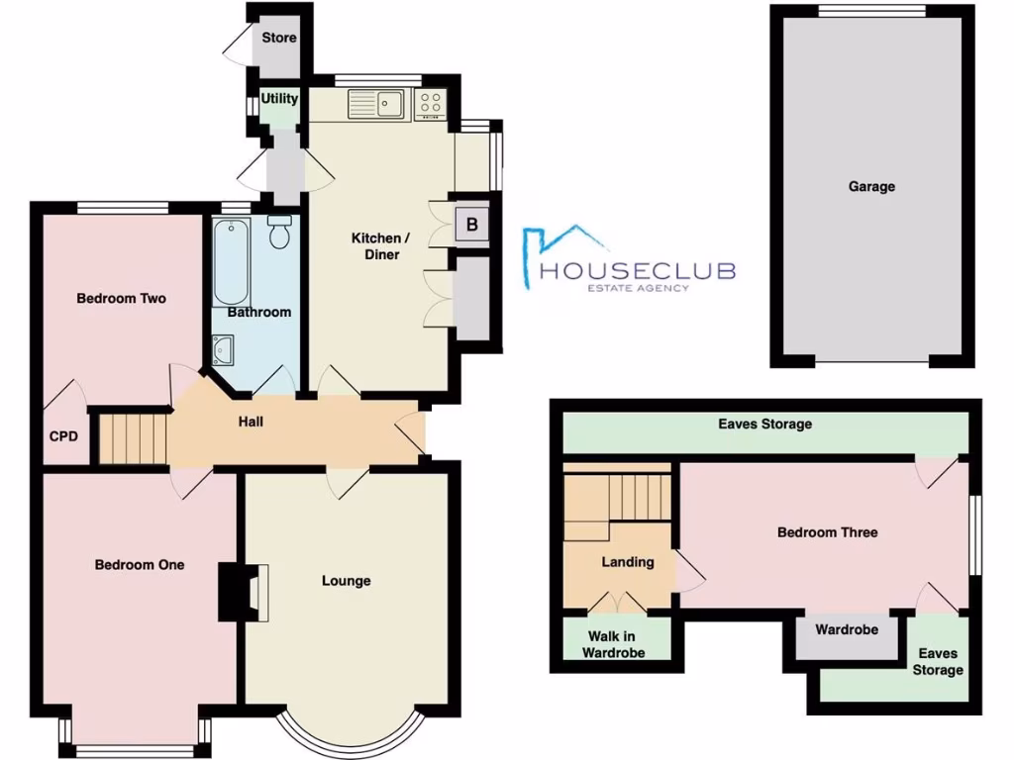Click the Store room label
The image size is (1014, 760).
278,39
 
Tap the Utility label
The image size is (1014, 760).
279,99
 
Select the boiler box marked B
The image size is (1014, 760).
472,225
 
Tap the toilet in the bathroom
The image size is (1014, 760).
279,233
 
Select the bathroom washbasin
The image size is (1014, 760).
223,348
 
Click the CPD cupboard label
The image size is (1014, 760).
63,435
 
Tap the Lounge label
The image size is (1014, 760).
346,581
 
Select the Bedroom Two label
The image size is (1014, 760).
121,299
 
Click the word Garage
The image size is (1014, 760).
871,186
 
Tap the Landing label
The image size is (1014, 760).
628,562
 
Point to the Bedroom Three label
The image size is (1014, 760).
827,532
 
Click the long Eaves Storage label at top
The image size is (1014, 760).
764,424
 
